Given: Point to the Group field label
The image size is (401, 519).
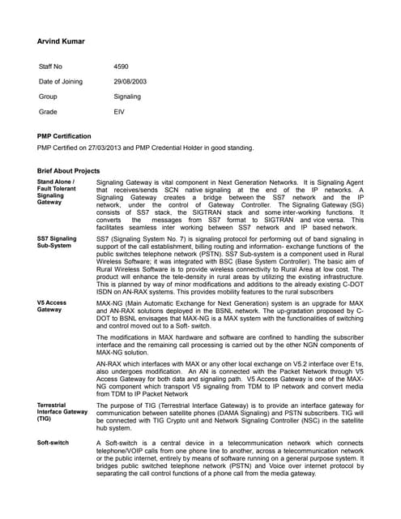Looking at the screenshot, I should (x=48, y=97).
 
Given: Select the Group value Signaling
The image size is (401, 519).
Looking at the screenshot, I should (x=127, y=97).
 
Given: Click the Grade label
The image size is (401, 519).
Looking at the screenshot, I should (x=48, y=111).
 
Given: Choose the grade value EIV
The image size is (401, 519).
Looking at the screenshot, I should (x=120, y=111).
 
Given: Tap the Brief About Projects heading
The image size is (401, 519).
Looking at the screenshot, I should (x=69, y=171).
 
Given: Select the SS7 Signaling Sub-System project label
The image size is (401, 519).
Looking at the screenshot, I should (x=58, y=243).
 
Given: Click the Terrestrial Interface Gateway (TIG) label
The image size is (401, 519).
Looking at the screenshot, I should (x=62, y=412).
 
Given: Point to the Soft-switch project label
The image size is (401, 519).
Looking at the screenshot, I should (x=53, y=443).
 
